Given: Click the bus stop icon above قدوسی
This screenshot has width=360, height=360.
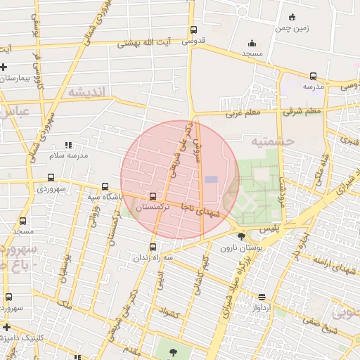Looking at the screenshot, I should pos(193,30).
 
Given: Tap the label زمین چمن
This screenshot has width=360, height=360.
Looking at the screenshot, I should pos(292,28).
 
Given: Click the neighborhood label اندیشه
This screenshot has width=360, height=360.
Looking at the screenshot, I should pos(86,92).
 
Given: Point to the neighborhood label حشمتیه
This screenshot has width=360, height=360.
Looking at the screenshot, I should pos(275,141).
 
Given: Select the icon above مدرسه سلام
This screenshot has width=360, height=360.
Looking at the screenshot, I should pos(67,144).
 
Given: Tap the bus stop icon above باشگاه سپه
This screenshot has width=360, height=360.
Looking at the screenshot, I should pos(105,187).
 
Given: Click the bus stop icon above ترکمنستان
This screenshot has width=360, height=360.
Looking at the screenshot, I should pos(153,196).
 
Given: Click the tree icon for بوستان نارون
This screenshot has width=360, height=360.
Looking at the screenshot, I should pos(242,236).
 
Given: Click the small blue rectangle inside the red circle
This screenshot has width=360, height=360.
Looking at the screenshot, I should pos(211,179).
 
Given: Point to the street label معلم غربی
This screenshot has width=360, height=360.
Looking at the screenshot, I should pos(243,112).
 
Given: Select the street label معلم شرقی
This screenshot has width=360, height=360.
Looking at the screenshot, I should pos(302,110).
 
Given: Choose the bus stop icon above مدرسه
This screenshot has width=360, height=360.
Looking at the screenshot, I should pos(313,76).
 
